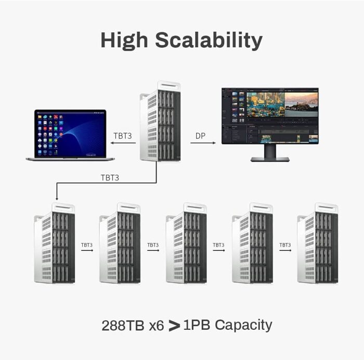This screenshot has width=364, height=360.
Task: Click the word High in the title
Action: tap(124, 41)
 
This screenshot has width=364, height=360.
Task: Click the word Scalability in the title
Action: tap(209, 41)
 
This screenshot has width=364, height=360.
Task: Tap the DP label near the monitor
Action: tap(200, 136)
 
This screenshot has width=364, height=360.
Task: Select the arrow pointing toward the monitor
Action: tap(203, 143)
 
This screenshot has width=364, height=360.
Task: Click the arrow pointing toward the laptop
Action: tap(123, 143)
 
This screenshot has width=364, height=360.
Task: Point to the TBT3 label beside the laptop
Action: tap(123, 136)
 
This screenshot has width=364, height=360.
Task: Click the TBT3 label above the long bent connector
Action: tap(110, 178)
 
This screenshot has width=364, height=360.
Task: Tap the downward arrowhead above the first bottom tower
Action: tap(57, 198)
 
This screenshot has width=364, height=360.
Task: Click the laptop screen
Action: tap(70, 134)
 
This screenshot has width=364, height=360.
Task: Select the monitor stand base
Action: tap(270, 159)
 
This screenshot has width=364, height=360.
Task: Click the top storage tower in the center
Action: tap(160, 121)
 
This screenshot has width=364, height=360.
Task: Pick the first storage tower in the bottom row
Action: tap(55, 243)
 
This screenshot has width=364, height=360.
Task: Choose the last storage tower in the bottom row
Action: tap(318, 243)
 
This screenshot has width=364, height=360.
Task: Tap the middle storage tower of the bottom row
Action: tap(186, 243)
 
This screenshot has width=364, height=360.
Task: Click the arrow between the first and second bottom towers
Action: tap(87, 250)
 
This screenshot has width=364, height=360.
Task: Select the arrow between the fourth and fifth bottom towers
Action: tap(285, 250)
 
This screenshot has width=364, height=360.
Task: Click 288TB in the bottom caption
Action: tap(123, 325)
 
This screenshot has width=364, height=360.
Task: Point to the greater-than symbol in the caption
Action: tap(174, 326)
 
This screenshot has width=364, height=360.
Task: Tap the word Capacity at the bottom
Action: tap(243, 326)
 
